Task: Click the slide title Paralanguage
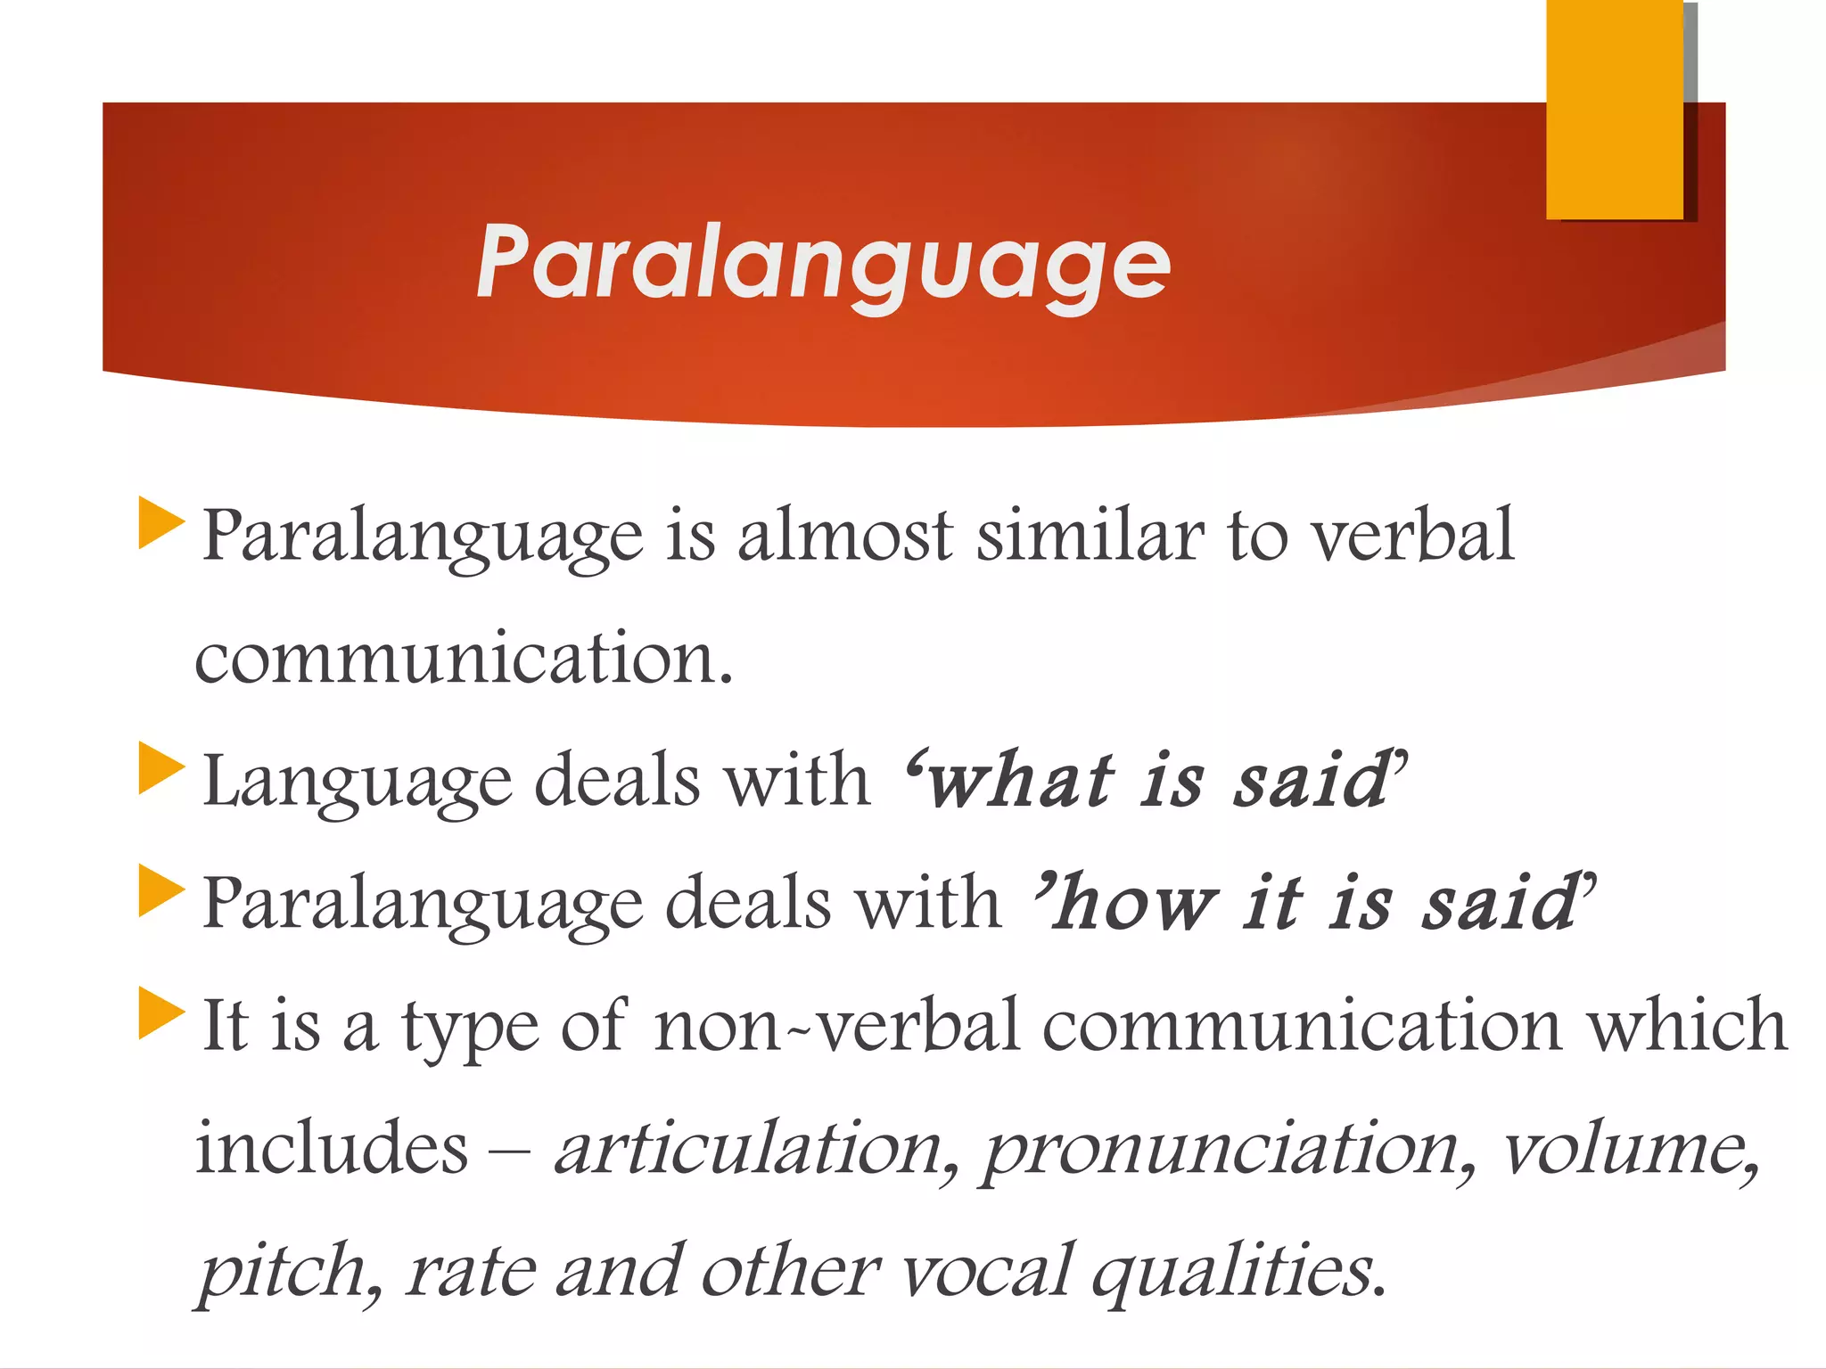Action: (x=823, y=262)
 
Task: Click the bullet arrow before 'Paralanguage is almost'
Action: (x=160, y=523)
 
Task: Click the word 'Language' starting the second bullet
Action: (x=357, y=781)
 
